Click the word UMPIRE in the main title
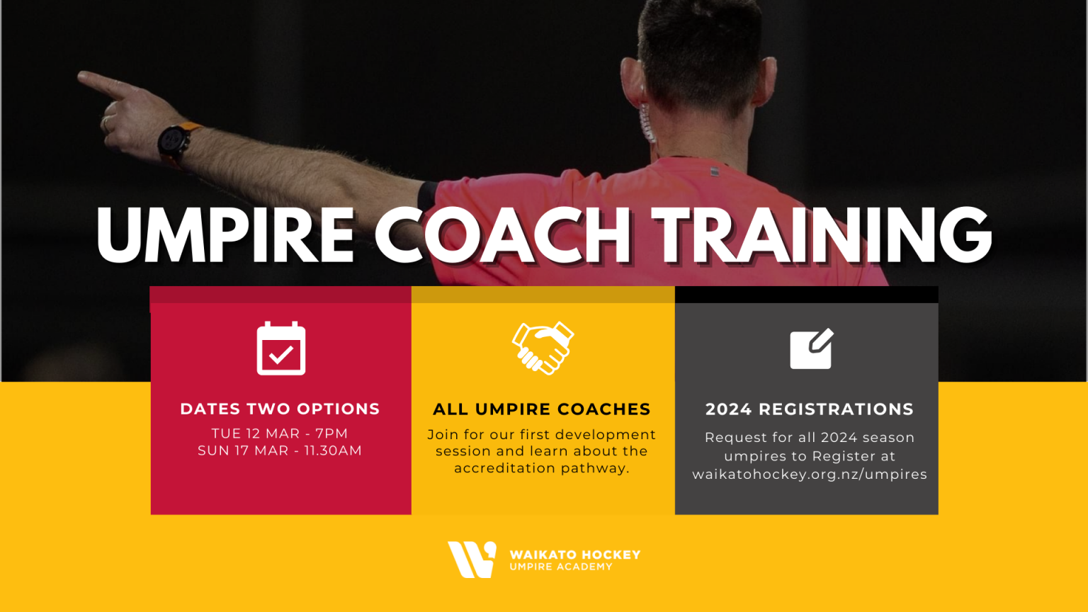coord(225,236)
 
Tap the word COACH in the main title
coord(502,236)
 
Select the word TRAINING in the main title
coord(822,236)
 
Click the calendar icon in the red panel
coord(281,348)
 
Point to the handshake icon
coord(543,348)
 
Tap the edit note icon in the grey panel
coord(812,348)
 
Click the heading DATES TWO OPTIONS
coord(280,409)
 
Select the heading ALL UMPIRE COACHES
coord(542,409)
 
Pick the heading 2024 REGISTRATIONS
coord(809,409)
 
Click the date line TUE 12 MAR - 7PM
coord(280,433)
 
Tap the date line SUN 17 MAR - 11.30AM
coord(280,450)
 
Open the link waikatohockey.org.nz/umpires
coord(810,475)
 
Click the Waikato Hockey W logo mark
coord(472,560)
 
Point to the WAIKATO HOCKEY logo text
coord(575,555)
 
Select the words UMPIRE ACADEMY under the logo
coord(561,567)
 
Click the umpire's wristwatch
coord(174,142)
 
